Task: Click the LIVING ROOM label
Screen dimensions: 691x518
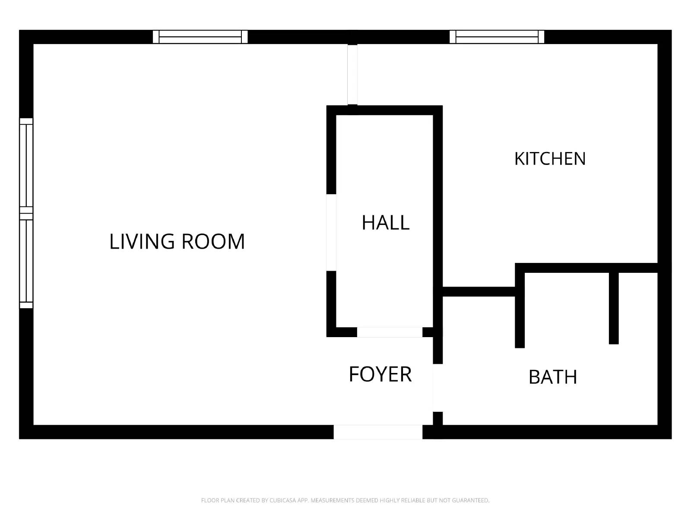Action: [x=177, y=242]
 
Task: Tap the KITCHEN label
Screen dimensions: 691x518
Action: [x=550, y=158]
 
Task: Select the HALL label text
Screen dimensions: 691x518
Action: [x=386, y=223]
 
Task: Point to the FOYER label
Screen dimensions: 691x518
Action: [x=380, y=374]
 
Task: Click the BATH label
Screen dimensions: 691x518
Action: [x=553, y=377]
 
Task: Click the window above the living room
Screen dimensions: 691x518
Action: [x=200, y=37]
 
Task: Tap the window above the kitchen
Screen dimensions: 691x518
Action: [x=497, y=37]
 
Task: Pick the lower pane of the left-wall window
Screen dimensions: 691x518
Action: [x=26, y=261]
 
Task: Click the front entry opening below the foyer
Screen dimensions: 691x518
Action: [x=378, y=432]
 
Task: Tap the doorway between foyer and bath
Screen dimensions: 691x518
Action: [x=438, y=388]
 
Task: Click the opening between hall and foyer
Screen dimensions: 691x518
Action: [x=390, y=332]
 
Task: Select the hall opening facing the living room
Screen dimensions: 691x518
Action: [x=331, y=232]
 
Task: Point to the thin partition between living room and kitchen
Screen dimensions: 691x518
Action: [x=352, y=75]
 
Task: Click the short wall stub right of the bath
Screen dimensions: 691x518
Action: [x=614, y=308]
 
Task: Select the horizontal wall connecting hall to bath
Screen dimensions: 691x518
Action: [x=479, y=291]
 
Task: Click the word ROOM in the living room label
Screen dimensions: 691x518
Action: [x=213, y=242]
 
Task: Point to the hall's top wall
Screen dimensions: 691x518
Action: [x=384, y=111]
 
